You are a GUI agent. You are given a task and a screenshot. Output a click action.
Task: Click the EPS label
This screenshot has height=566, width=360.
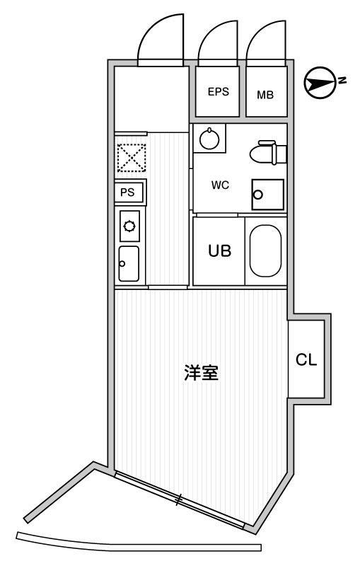click(x=219, y=92)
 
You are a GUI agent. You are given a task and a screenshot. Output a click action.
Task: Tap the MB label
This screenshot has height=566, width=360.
click(x=265, y=95)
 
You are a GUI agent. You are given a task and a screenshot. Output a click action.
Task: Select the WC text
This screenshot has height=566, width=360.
click(x=220, y=185)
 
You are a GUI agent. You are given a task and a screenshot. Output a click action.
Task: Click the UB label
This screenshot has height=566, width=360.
click(x=219, y=250)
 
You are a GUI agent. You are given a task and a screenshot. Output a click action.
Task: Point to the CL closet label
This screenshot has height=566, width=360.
click(x=306, y=359)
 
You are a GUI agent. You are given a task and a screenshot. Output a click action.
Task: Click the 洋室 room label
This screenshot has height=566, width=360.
click(x=201, y=373)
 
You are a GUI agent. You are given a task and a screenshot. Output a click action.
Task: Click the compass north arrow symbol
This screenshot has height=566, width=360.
click(x=320, y=83)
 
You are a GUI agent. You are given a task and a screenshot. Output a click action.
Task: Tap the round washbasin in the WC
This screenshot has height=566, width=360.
click(x=209, y=138)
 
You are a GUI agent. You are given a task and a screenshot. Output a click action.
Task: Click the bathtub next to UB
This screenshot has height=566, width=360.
click(x=265, y=251)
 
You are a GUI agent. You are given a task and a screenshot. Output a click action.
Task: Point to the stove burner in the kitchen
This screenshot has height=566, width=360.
click(x=129, y=226)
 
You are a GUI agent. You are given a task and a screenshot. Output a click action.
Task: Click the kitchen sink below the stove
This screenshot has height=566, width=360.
click(x=129, y=263)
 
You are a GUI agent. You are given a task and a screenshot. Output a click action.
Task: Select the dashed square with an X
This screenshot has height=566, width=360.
click(x=132, y=157)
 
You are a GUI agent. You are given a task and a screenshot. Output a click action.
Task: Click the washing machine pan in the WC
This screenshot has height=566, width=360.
click(x=267, y=195)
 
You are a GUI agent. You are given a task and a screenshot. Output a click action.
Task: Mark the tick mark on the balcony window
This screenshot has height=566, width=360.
click(x=178, y=499)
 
